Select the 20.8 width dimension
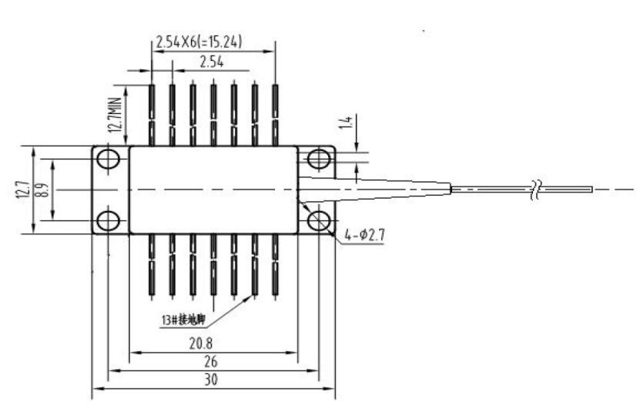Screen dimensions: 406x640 (x=213, y=343)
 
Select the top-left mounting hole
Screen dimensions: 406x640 (x=109, y=159)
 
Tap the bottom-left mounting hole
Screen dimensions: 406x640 (x=109, y=220)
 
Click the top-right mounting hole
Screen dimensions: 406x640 (x=317, y=159)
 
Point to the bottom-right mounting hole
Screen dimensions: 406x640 (x=317, y=220)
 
